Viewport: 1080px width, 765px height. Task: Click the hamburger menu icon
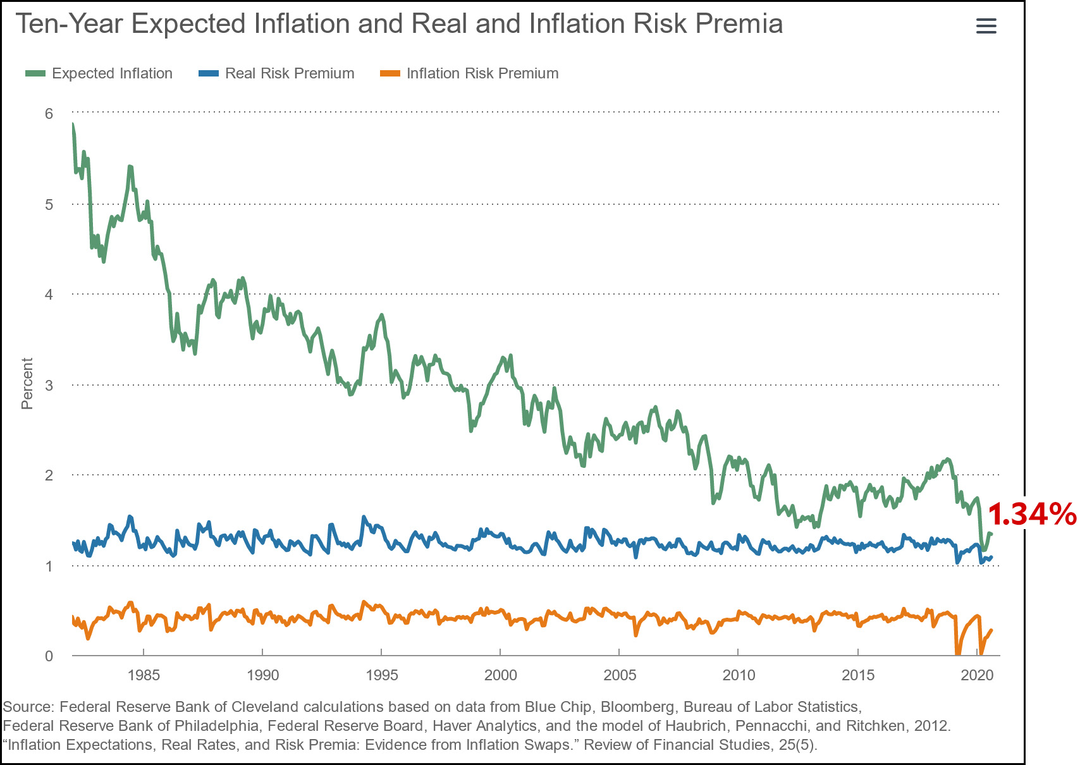tap(986, 26)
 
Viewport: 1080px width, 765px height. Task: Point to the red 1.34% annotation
tap(1031, 515)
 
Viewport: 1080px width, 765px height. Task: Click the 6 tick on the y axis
tap(49, 114)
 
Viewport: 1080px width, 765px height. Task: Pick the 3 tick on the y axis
tap(49, 385)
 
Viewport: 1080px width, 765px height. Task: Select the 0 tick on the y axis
tap(49, 656)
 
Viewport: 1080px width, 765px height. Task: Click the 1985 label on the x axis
tap(144, 675)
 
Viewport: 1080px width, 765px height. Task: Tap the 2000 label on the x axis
tap(500, 675)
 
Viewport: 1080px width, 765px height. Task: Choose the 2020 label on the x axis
tap(977, 675)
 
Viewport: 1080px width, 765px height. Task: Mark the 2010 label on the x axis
tap(739, 675)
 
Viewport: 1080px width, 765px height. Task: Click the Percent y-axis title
tap(27, 384)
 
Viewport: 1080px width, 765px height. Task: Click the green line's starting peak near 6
tap(73, 125)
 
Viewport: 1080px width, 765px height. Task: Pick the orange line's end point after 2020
tap(991, 630)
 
